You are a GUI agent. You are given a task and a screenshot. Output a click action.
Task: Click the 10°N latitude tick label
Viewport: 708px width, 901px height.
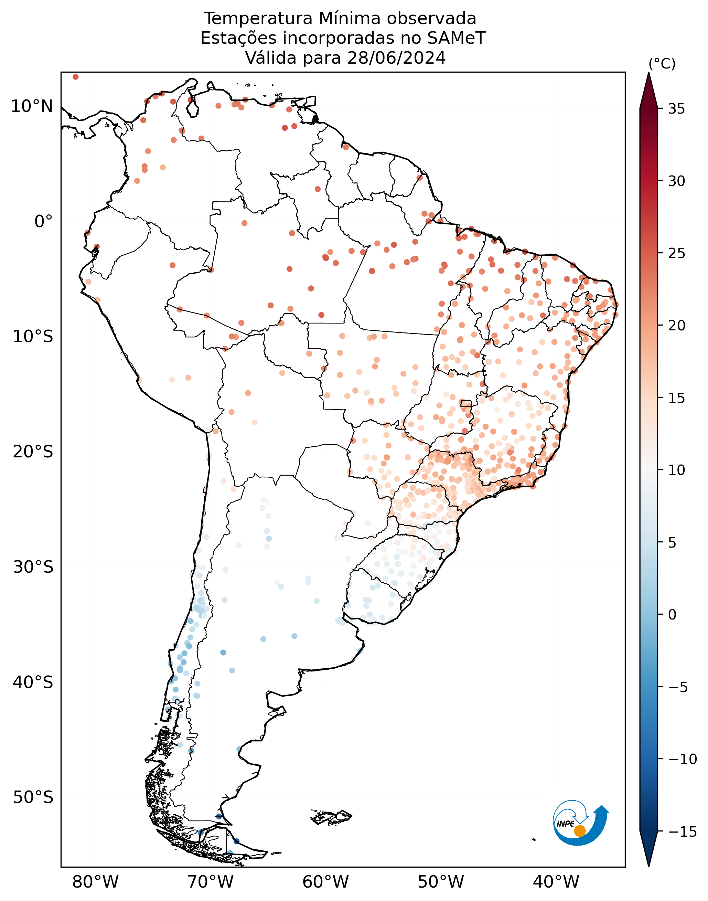(32, 107)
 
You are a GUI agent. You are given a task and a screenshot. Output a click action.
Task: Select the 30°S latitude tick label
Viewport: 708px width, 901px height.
(33, 567)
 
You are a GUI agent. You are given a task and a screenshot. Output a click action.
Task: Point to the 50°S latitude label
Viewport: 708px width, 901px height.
(33, 797)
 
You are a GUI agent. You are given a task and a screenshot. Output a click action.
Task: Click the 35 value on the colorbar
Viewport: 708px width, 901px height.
(676, 109)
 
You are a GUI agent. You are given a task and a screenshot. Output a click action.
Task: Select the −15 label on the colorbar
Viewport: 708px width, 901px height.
(683, 832)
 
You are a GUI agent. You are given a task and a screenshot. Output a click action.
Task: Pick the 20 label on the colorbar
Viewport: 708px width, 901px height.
(676, 326)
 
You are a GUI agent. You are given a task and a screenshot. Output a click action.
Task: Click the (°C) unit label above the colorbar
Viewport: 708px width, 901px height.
(662, 64)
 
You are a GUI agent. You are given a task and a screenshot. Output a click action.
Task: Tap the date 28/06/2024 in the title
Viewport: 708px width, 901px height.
(397, 58)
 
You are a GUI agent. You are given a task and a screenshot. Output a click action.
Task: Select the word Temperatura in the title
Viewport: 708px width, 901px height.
(258, 19)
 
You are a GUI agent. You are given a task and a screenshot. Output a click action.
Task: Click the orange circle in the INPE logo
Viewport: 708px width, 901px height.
(580, 831)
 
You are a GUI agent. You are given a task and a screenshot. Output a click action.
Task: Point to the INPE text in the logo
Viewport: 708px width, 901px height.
(566, 824)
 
